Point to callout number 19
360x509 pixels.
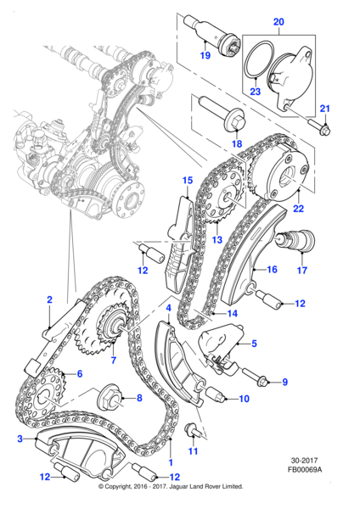[x=205, y=55]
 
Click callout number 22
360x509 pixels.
[x=296, y=209]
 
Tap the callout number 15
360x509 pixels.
[x=188, y=180]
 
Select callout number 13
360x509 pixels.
[x=218, y=240]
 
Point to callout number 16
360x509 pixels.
[x=273, y=271]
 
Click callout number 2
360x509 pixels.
[x=50, y=299]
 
